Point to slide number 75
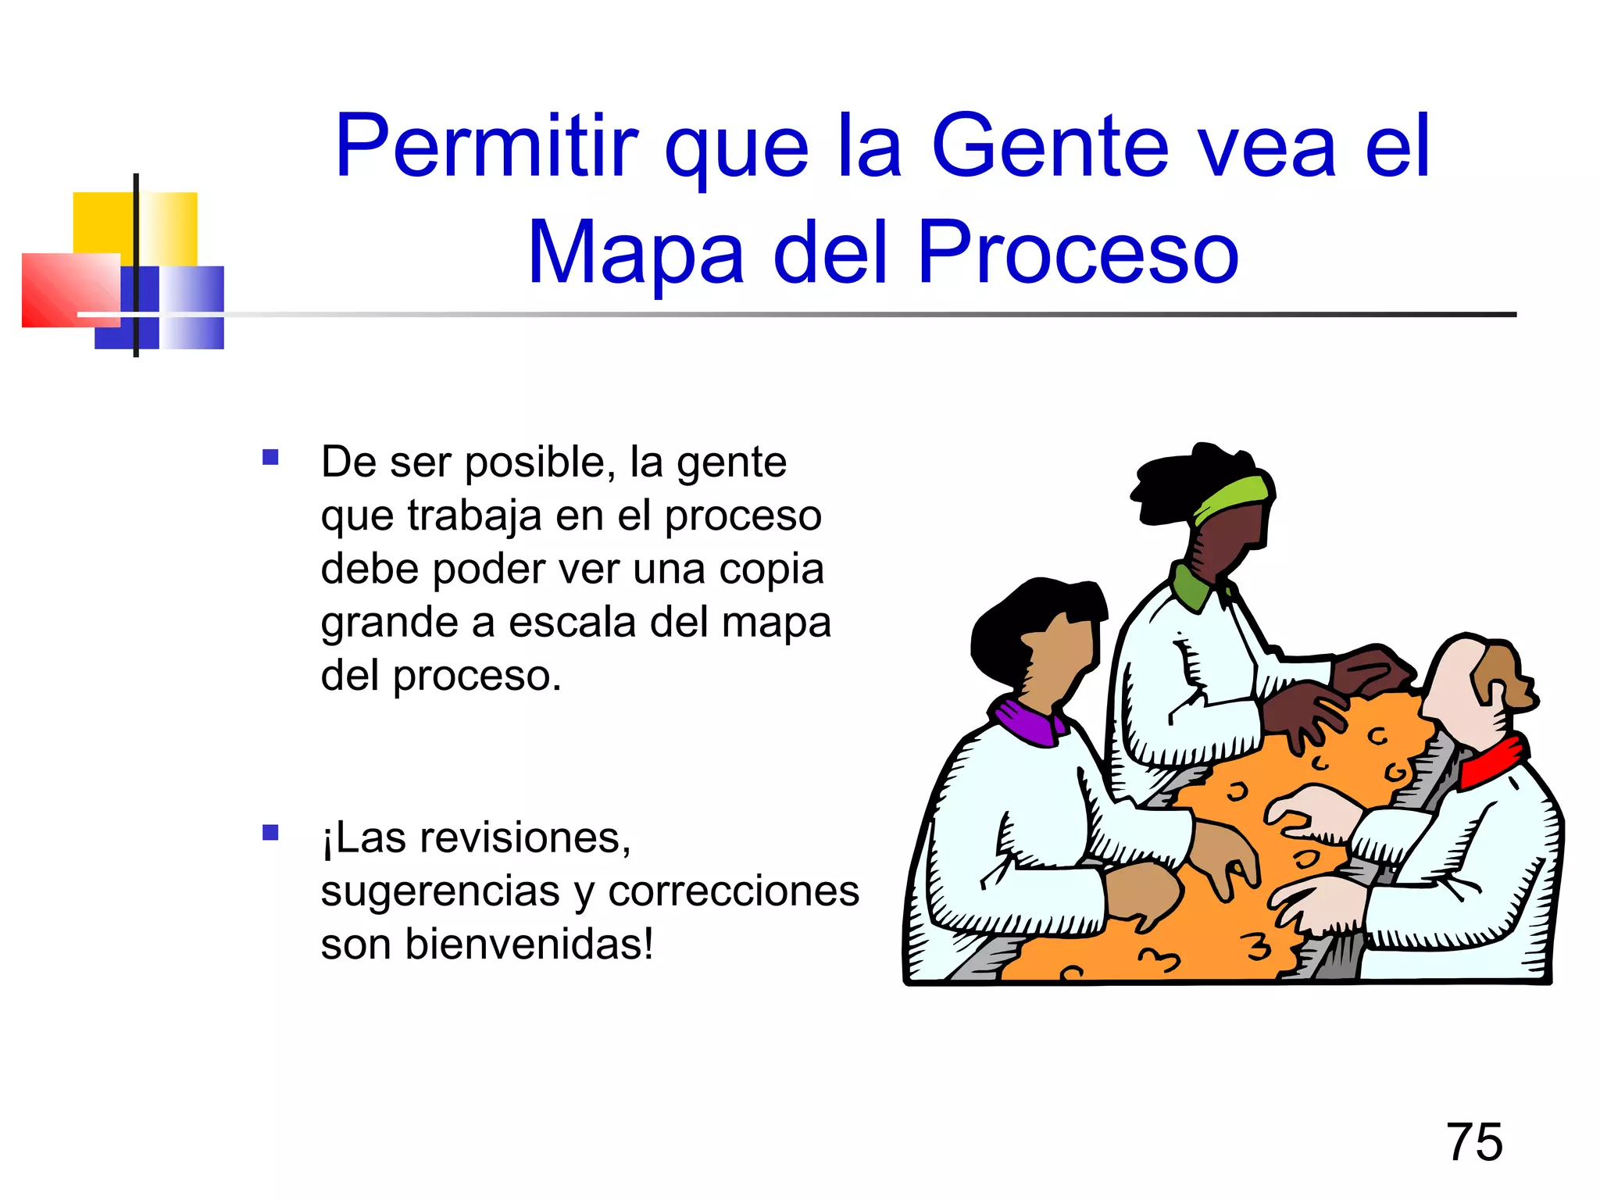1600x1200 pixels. [1474, 1142]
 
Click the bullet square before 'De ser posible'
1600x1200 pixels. [270, 457]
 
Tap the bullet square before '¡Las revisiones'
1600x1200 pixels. [270, 833]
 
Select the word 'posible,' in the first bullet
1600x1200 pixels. [535, 462]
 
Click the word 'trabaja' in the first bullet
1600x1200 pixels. [474, 516]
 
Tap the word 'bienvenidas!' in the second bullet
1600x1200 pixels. [529, 945]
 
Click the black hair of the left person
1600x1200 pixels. [1016, 617]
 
